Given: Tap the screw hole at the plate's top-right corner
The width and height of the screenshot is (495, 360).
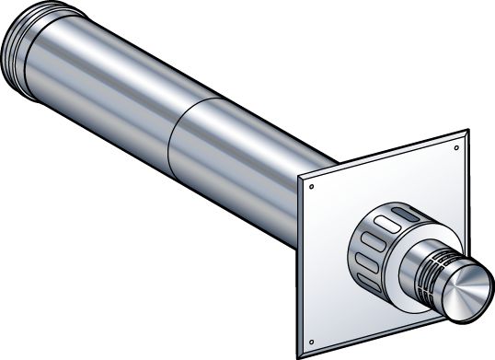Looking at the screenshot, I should (x=457, y=145).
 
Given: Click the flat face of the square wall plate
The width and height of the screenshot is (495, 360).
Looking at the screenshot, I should (x=405, y=184).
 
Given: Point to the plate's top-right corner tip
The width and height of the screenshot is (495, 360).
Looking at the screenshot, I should (x=466, y=133).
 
